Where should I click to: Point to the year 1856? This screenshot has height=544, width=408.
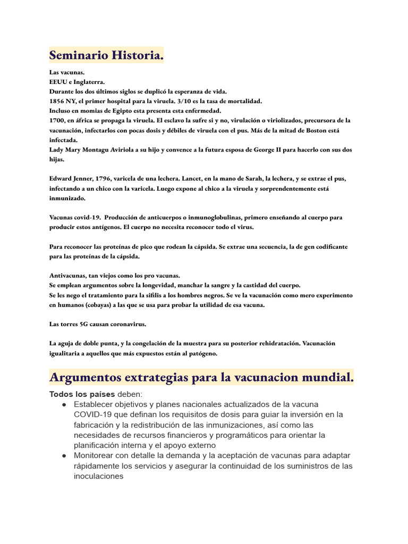pyautogui.click(x=57, y=101)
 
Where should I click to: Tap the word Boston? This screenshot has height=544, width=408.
pyautogui.click(x=325, y=131)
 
